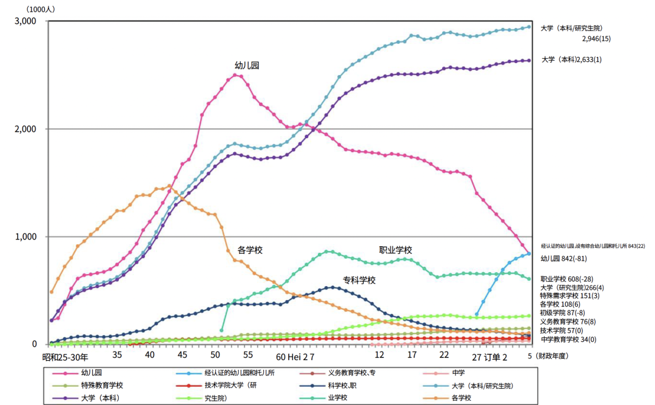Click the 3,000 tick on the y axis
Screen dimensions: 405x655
pyautogui.click(x=25, y=21)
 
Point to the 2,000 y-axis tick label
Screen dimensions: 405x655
pyautogui.click(x=25, y=129)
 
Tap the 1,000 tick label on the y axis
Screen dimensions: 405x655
pyautogui.click(x=25, y=237)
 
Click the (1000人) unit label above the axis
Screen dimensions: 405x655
pyautogui.click(x=25, y=9)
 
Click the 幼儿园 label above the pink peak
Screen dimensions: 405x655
pyautogui.click(x=247, y=65)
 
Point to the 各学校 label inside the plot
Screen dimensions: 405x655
pyautogui.click(x=250, y=250)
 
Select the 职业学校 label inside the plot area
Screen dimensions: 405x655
pyautogui.click(x=395, y=250)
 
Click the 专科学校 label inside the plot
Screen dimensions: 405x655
pyautogui.click(x=359, y=280)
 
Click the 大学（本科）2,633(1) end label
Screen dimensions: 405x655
pyautogui.click(x=579, y=59)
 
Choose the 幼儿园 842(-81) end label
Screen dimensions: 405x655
pyautogui.click(x=564, y=259)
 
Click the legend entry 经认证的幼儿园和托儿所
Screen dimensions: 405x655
pyautogui.click(x=239, y=373)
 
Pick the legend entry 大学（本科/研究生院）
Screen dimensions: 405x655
pyautogui.click(x=486, y=385)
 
